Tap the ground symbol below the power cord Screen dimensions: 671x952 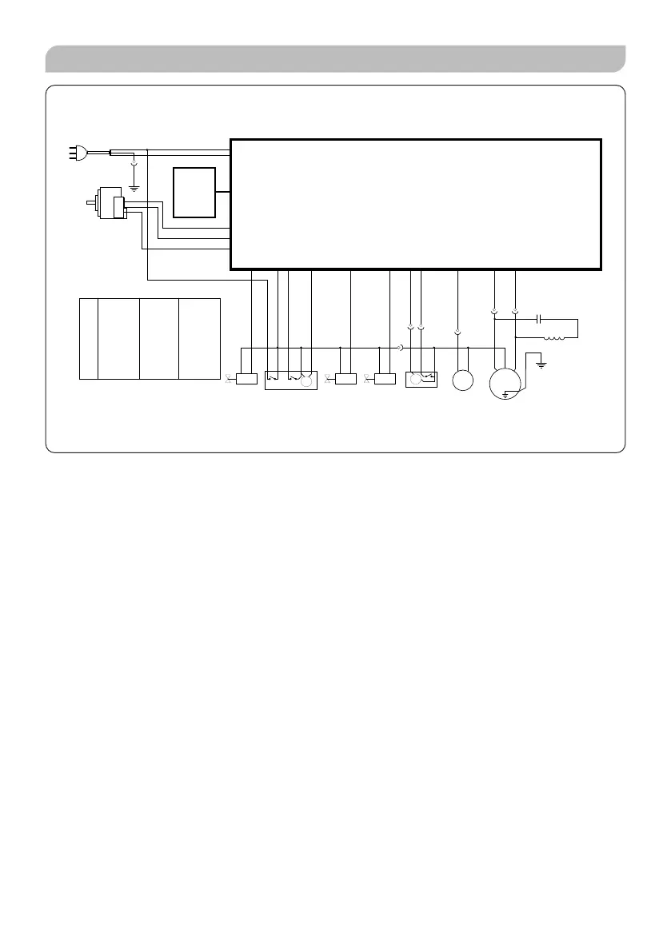134,188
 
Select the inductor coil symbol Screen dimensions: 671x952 553,337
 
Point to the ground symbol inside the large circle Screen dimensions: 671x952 505,392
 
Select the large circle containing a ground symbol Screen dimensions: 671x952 505,380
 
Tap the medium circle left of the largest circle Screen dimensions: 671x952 463,380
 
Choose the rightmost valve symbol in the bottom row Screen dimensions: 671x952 367,379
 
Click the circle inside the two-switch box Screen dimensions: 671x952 306,382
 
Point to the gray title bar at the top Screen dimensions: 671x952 335,59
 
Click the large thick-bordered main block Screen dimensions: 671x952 415,204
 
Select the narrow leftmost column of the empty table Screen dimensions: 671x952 89,338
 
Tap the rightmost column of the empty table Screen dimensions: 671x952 199,338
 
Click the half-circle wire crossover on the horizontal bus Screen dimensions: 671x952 399,348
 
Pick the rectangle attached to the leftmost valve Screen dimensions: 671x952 246,379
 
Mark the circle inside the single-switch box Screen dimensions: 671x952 415,380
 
